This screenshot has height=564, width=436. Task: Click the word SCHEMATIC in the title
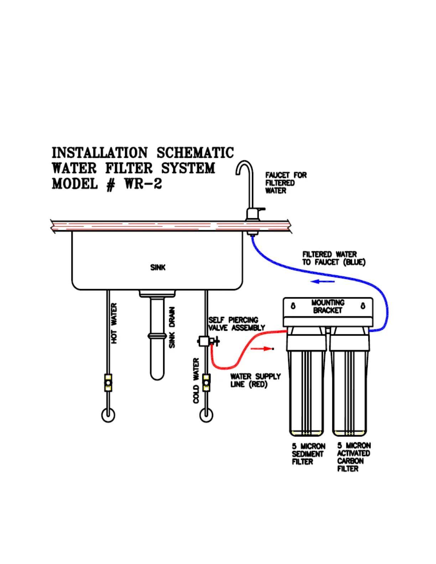click(x=195, y=153)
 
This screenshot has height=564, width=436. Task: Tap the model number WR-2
click(x=143, y=184)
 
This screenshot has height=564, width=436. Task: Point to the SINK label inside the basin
click(x=158, y=267)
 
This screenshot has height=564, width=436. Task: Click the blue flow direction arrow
click(x=322, y=282)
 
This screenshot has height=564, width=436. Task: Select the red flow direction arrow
click(x=262, y=349)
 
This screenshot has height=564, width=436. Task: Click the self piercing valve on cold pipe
click(x=205, y=341)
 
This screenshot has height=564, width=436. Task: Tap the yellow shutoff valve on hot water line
click(x=108, y=383)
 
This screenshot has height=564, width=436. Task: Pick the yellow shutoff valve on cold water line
click(x=206, y=383)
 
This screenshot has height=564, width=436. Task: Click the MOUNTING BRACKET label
click(x=328, y=307)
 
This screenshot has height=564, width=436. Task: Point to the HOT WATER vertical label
click(x=114, y=323)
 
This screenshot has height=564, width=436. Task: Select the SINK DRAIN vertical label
click(x=172, y=327)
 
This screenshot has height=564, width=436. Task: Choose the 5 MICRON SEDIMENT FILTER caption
click(x=308, y=454)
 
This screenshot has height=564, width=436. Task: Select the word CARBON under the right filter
click(x=351, y=461)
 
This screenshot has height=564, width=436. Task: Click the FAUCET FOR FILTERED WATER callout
click(x=286, y=183)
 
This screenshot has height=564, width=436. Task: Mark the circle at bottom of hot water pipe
click(x=108, y=415)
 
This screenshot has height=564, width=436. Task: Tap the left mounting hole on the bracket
click(x=293, y=306)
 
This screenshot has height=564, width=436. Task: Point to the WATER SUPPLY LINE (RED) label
click(x=255, y=380)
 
